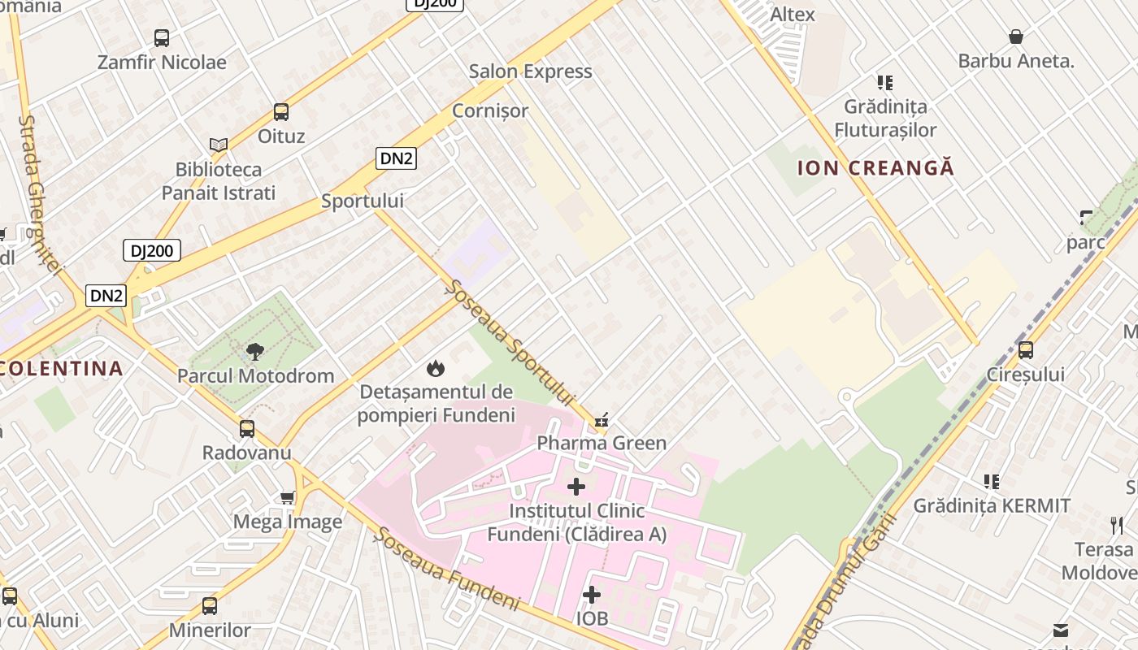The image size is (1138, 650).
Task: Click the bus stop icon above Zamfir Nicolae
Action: click(x=162, y=37)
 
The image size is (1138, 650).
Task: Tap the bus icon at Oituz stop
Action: click(x=281, y=112)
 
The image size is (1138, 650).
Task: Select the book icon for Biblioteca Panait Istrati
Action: click(x=218, y=145)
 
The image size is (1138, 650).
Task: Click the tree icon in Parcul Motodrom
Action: click(x=255, y=352)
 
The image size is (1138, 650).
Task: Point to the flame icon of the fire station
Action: click(x=436, y=368)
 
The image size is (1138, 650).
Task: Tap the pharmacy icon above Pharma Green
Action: click(x=602, y=420)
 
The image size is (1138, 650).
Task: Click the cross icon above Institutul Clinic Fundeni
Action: click(x=576, y=487)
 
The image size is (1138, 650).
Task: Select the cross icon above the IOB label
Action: click(x=592, y=595)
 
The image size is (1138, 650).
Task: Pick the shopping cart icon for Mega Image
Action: click(x=287, y=497)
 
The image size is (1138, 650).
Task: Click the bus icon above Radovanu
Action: click(x=247, y=428)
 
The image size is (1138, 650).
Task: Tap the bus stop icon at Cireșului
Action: click(x=1026, y=350)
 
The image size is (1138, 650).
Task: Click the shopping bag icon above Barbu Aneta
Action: click(x=1016, y=37)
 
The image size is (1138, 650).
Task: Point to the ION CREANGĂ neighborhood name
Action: click(x=875, y=168)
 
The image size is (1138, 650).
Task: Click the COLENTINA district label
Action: click(x=62, y=369)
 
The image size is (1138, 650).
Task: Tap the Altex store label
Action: click(x=793, y=14)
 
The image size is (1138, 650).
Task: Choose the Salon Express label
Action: click(x=530, y=71)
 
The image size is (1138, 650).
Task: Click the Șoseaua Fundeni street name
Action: click(x=447, y=569)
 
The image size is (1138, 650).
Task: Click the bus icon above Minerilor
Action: click(x=210, y=605)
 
